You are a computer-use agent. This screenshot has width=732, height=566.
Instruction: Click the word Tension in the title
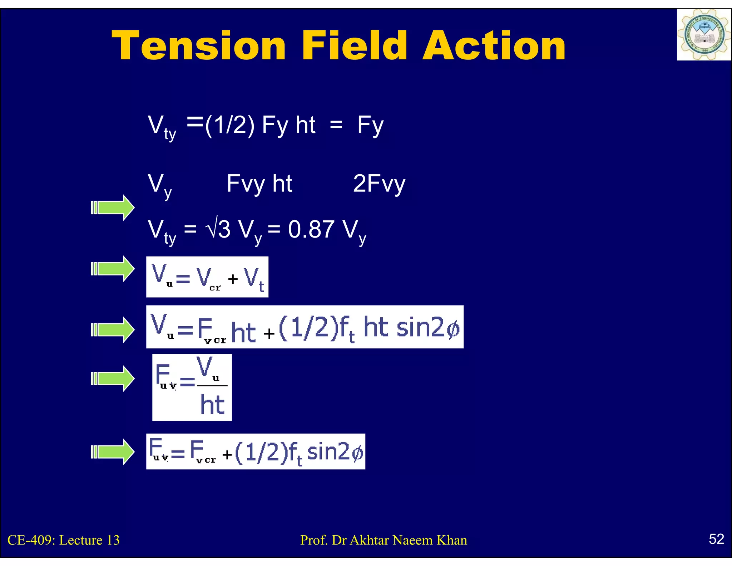click(199, 45)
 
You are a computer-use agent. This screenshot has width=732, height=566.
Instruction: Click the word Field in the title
click(354, 45)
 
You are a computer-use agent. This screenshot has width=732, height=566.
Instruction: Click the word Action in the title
click(494, 45)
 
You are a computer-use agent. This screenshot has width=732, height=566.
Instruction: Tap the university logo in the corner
click(703, 35)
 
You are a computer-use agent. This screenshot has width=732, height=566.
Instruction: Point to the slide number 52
click(716, 539)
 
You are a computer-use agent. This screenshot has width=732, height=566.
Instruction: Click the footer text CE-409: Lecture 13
click(64, 540)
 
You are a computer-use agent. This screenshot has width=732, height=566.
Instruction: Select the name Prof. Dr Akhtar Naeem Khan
click(384, 540)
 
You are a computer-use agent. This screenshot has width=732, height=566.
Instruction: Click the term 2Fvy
click(379, 184)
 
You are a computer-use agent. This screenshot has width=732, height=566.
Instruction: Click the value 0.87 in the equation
click(311, 229)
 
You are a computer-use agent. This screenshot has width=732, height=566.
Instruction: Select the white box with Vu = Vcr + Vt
click(207, 277)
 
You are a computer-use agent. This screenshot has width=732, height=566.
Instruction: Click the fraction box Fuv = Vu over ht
click(192, 387)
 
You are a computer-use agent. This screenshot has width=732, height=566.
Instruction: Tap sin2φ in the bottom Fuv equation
click(335, 452)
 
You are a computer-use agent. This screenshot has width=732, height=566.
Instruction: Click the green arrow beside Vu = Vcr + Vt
click(113, 269)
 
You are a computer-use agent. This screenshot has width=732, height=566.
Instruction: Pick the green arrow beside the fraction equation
click(113, 379)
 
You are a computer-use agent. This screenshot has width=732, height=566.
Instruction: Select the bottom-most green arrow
click(113, 452)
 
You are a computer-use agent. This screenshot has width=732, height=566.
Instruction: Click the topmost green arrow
click(113, 208)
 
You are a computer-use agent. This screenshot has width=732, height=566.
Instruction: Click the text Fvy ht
click(259, 184)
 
